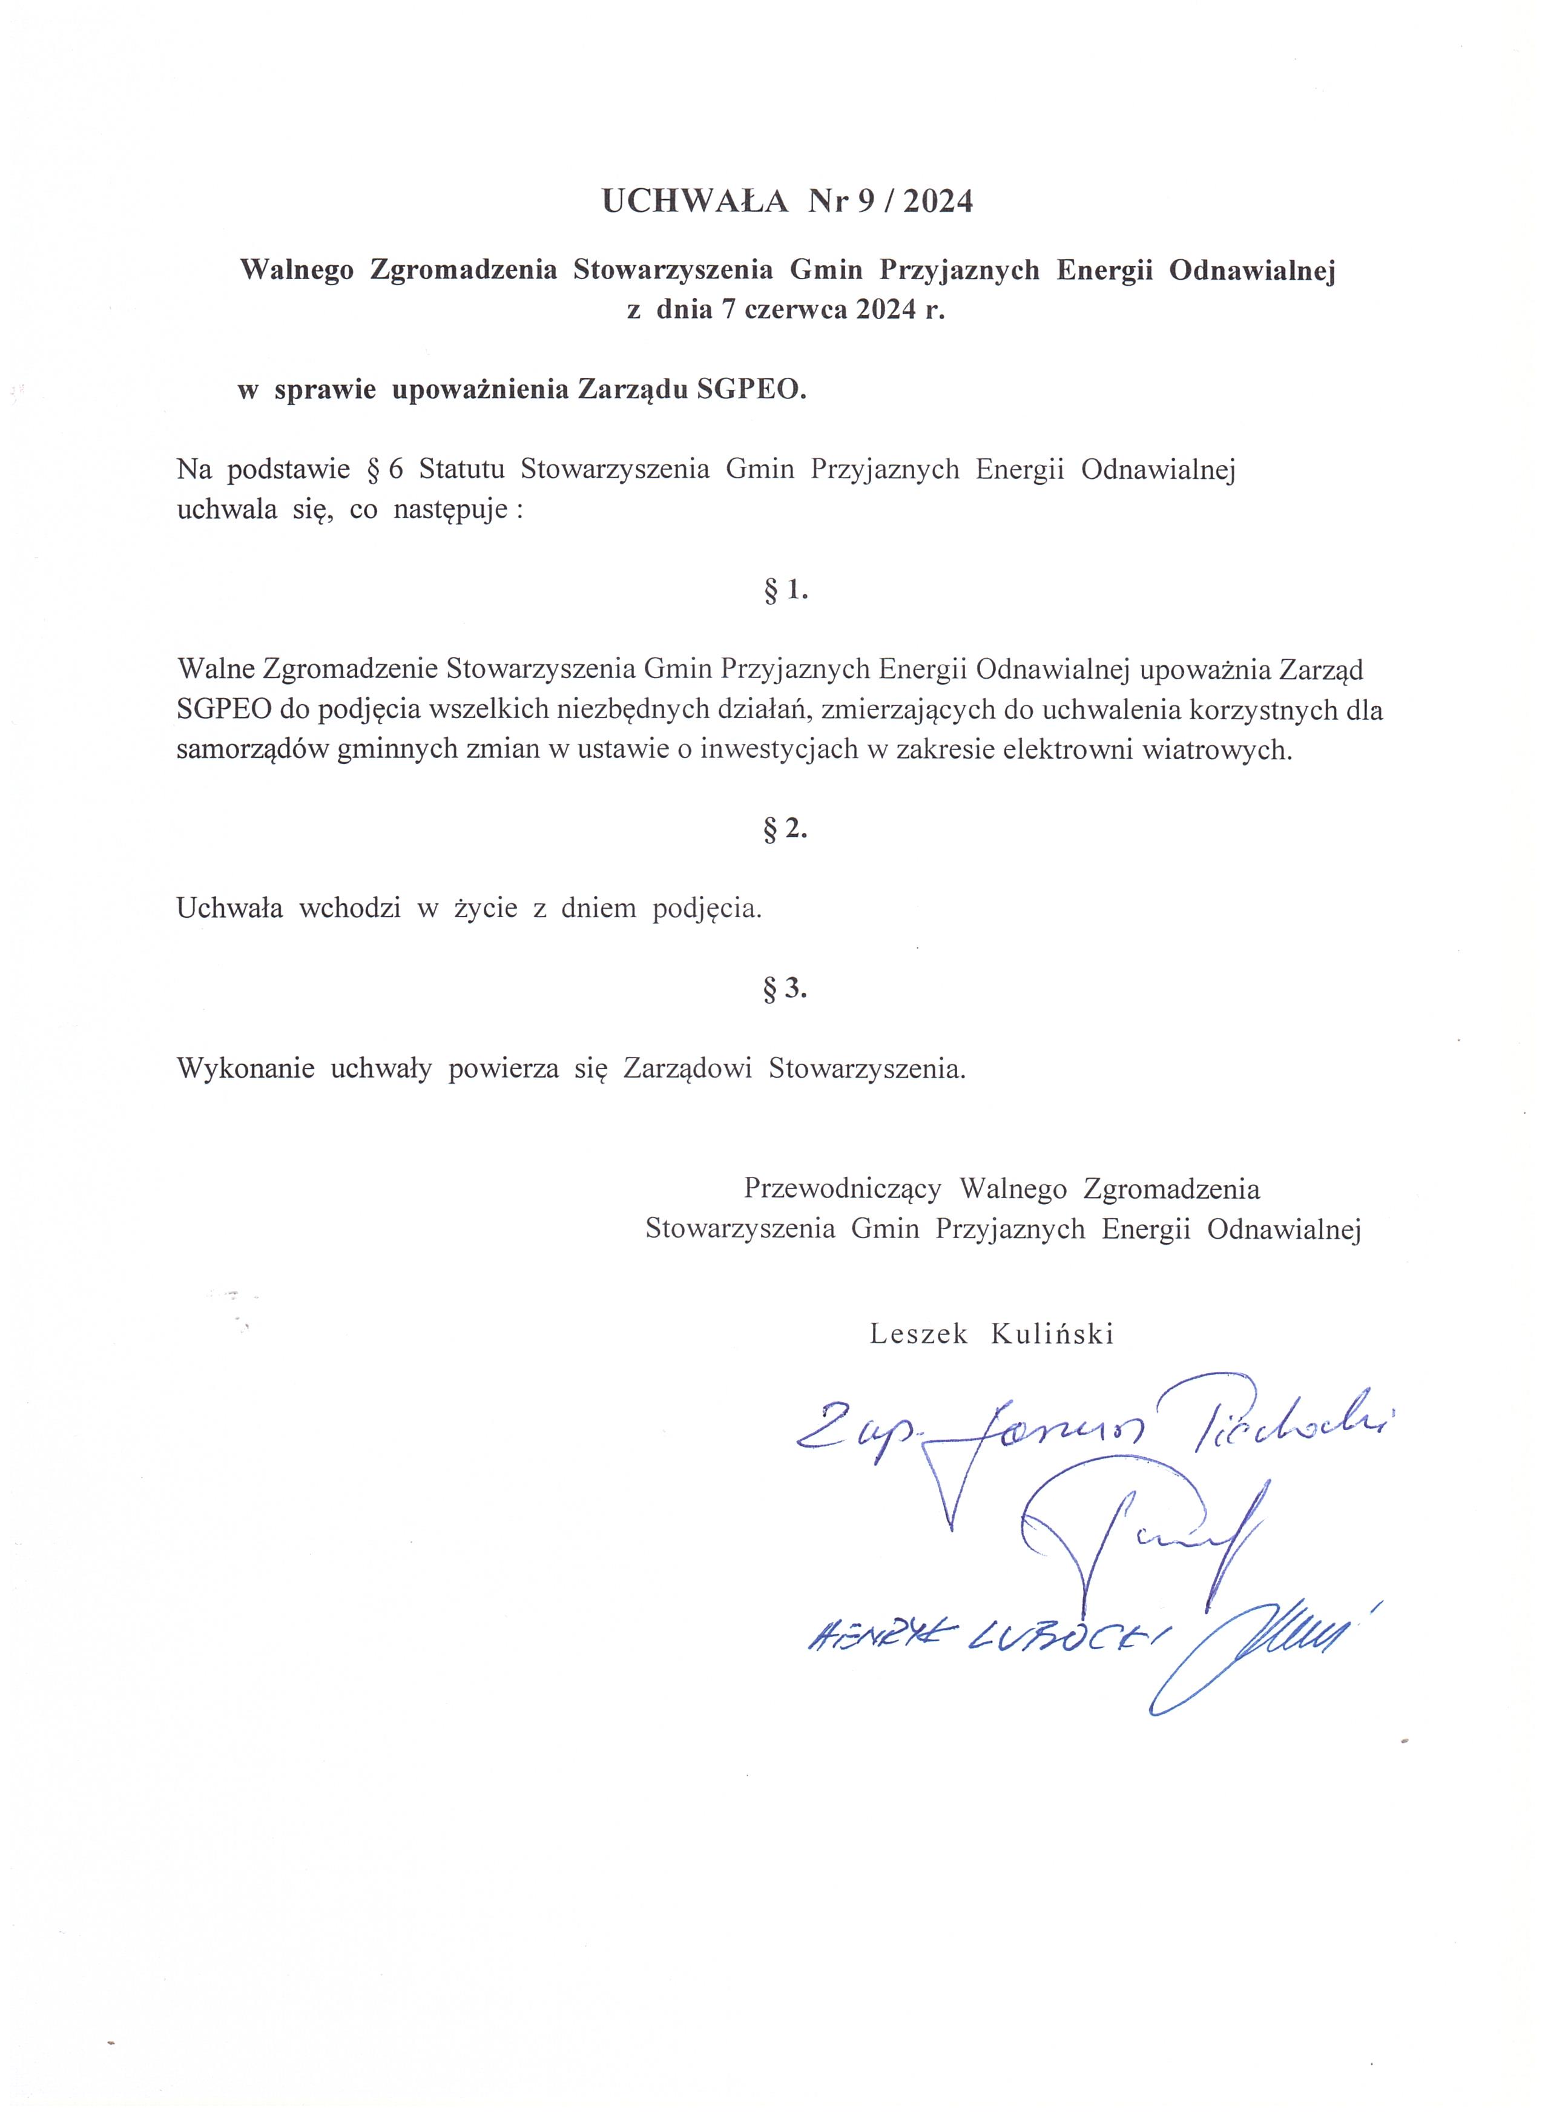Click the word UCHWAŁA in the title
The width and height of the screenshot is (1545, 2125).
[694, 202]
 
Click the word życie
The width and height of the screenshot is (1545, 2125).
[486, 909]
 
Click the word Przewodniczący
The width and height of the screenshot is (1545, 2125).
[842, 1189]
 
